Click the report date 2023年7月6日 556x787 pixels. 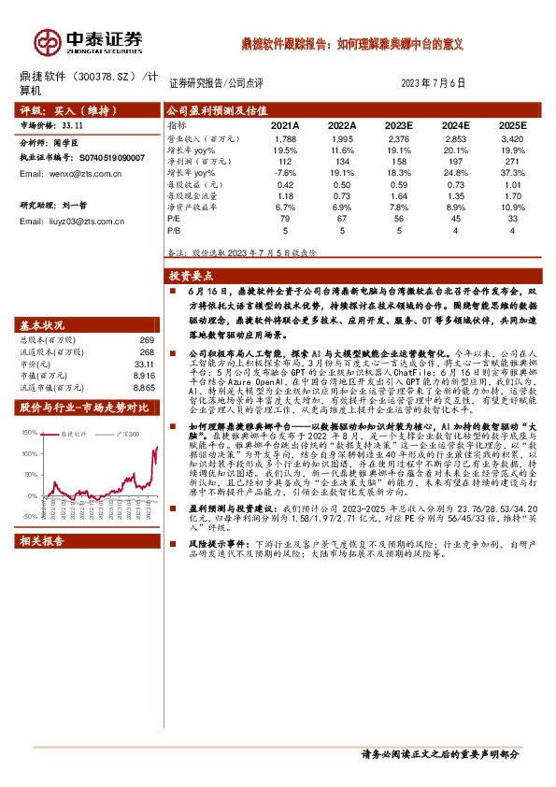(433, 83)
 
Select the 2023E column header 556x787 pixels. (399, 124)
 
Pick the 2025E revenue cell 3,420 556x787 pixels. (512, 138)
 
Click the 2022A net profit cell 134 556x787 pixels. (342, 161)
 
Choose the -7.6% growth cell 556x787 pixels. (285, 173)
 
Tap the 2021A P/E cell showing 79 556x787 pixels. (285, 219)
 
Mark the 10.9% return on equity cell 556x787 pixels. (512, 207)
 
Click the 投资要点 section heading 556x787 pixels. (192, 276)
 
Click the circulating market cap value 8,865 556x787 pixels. (144, 386)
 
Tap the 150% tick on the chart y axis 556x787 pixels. (29, 432)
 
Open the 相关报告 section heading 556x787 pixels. (42, 567)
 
